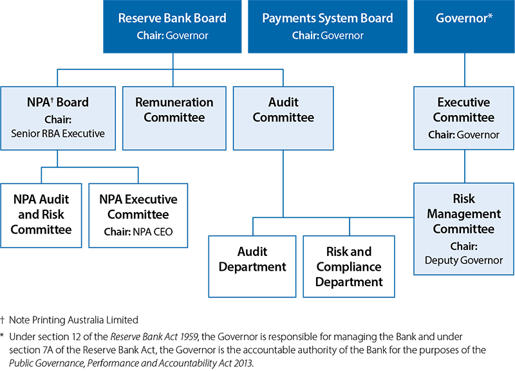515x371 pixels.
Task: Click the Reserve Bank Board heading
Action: click(x=172, y=18)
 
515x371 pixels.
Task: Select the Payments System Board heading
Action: click(x=328, y=18)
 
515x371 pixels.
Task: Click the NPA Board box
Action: click(x=58, y=118)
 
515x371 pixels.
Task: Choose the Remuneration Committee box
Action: click(x=174, y=118)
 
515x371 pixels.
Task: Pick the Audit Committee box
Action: click(x=283, y=118)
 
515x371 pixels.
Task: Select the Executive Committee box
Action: click(x=464, y=118)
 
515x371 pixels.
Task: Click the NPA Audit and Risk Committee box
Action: click(x=41, y=215)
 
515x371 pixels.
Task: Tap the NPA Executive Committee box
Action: click(x=138, y=215)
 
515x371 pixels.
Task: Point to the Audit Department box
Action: click(x=252, y=266)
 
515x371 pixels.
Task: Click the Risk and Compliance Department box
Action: click(x=349, y=266)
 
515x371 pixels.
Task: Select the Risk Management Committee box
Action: click(x=464, y=229)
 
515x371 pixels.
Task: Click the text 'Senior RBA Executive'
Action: click(x=58, y=134)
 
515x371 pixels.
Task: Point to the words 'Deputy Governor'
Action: click(x=464, y=260)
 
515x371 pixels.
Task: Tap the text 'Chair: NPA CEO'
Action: click(x=138, y=231)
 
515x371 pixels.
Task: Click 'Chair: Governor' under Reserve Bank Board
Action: click(x=172, y=36)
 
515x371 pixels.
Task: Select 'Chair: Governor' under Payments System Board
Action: click(x=328, y=36)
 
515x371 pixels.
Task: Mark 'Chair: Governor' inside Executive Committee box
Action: click(x=464, y=135)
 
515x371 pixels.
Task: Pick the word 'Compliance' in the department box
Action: click(x=349, y=267)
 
